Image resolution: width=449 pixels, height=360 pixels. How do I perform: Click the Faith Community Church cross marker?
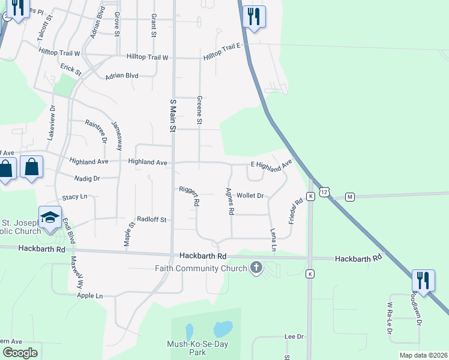coord(256,268)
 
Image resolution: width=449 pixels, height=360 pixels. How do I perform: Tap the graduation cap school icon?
coord(50,217)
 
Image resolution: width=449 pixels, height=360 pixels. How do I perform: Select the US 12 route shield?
coord(324,191)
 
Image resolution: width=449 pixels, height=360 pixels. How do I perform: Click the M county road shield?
coord(350,196)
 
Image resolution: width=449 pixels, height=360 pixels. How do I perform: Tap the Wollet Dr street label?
coord(250,196)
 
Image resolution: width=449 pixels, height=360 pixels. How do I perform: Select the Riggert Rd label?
coord(188,196)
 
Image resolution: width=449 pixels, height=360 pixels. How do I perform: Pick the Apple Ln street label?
coord(90,296)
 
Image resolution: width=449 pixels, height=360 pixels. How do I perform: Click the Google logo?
coord(20,353)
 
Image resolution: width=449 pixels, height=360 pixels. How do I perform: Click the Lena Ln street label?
coord(274,239)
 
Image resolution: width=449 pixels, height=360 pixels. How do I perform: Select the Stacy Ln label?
coord(74,197)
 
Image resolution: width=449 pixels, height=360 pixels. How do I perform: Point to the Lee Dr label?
coord(295,337)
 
